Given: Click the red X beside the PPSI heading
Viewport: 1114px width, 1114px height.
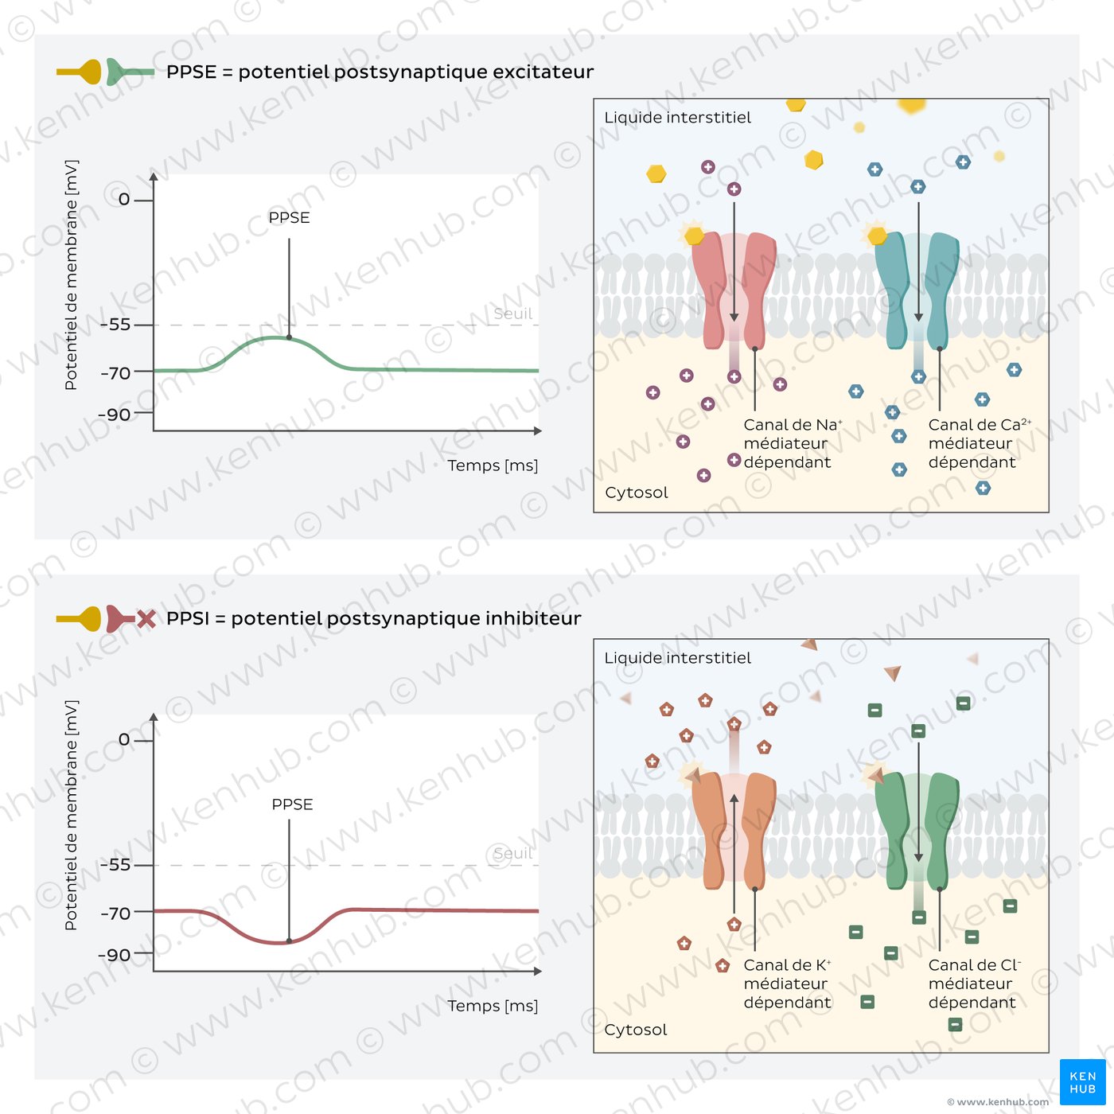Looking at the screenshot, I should point(146,618).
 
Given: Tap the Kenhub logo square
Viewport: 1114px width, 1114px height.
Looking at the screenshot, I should point(1082,1082).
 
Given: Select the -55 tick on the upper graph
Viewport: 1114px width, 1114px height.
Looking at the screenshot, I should point(119,325).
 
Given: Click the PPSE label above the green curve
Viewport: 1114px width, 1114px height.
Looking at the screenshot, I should point(289,217).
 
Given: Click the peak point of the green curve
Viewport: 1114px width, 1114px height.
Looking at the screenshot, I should point(289,337).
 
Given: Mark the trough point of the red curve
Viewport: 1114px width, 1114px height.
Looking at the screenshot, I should point(289,941).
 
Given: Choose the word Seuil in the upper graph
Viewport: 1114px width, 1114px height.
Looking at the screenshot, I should point(512,314).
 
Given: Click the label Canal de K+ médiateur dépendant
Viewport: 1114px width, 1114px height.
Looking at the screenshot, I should point(787,984).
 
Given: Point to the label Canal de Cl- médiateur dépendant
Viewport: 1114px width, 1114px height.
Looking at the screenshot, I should point(973,984).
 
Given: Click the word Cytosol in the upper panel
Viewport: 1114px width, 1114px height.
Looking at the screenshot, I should point(637,493).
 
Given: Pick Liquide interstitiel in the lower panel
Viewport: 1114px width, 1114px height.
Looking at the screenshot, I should point(677,658).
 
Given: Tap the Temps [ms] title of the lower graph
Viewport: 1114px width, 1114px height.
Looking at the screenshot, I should point(493,1006).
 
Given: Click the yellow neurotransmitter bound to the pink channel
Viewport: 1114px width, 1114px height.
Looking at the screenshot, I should point(694,236).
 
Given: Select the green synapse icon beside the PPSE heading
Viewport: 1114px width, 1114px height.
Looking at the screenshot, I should point(127,72).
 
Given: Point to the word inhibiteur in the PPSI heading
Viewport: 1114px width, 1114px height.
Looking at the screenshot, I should point(533,618).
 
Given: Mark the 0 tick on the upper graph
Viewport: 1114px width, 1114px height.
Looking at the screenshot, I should point(125,199).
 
